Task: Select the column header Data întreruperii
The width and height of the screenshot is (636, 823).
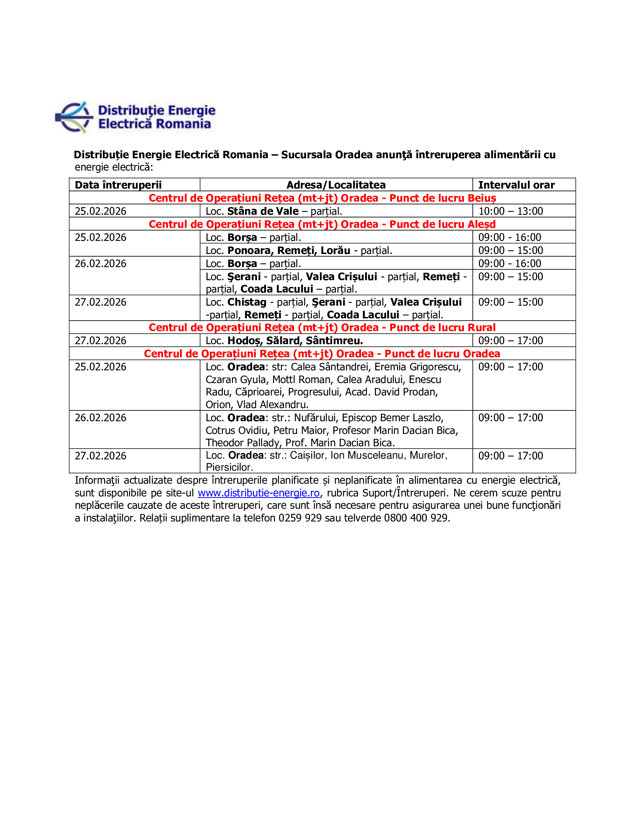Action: [118, 185]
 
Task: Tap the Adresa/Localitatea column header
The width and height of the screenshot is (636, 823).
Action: [336, 185]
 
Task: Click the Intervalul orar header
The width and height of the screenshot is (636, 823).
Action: [516, 185]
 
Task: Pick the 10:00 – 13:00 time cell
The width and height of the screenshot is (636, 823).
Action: [511, 211]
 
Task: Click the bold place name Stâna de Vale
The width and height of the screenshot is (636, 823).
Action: [263, 211]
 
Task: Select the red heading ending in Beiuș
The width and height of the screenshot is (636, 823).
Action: [322, 198]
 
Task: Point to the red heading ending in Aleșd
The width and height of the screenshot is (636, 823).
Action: [322, 224]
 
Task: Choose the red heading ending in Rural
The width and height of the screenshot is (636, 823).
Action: [322, 327]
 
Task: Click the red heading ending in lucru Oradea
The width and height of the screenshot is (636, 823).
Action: [322, 354]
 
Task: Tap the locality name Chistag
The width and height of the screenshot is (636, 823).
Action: [247, 302]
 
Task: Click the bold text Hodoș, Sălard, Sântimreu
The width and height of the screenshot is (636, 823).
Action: [295, 341]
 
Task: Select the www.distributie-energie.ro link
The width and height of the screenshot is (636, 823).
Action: [259, 493]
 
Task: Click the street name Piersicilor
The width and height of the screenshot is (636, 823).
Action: [229, 467]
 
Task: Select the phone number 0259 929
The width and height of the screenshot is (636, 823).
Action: [300, 518]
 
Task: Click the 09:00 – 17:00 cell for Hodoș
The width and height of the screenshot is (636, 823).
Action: [511, 341]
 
